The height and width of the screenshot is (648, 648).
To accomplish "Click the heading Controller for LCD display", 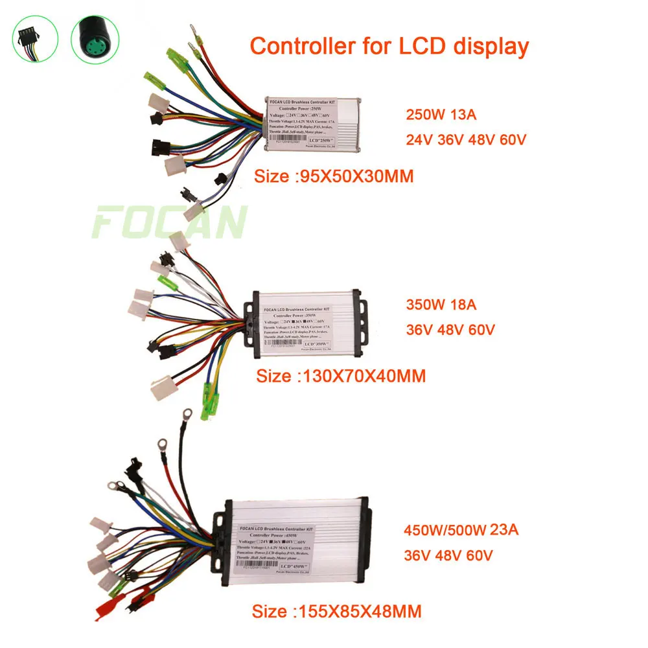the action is coord(389,46).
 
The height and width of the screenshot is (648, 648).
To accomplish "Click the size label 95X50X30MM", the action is coord(335,176).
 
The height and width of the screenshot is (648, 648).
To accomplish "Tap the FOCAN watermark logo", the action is coord(170,222).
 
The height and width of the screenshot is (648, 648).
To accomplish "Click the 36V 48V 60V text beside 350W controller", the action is coord(450,329).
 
